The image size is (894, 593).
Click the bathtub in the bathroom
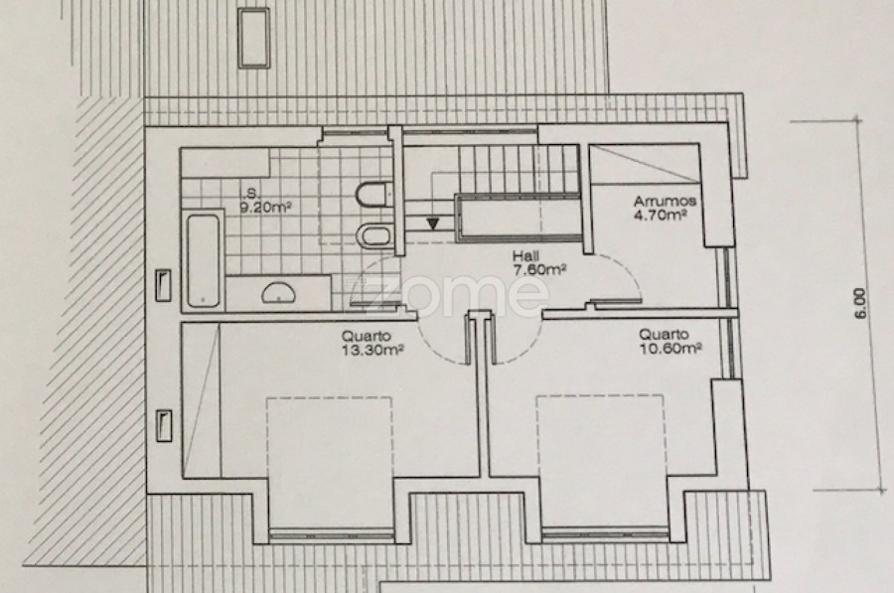click(203, 260)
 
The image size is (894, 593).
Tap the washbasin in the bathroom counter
click(278, 292)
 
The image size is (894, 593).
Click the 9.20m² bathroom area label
click(265, 208)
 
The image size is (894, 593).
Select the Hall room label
click(525, 256)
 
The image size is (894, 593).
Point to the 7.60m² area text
click(539, 270)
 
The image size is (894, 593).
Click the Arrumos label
click(665, 202)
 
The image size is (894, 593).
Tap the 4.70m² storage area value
click(660, 215)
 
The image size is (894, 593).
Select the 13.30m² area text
click(372, 350)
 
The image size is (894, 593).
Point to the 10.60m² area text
click(670, 348)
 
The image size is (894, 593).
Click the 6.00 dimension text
click(860, 304)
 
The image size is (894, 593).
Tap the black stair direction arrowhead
click(433, 223)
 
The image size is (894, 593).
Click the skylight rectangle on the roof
click(254, 38)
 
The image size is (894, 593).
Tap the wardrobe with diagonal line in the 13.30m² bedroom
click(202, 400)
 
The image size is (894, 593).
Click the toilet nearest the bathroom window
click(374, 195)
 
